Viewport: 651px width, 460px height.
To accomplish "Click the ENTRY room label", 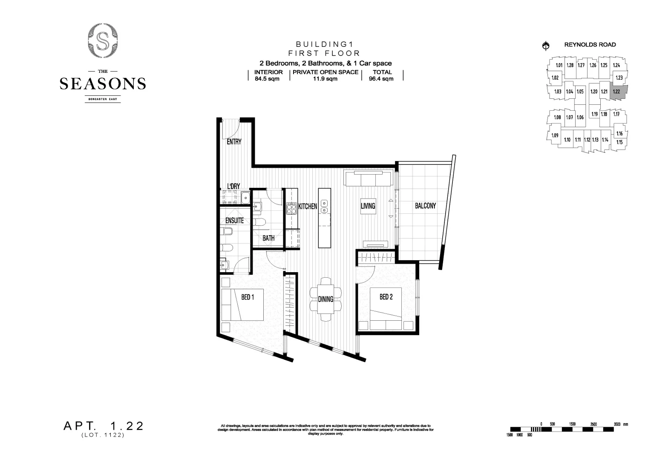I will click(234, 142).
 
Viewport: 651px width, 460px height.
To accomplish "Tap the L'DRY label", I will click(233, 186).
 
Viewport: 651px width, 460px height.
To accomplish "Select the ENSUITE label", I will click(234, 221).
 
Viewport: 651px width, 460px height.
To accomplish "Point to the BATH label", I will click(268, 238).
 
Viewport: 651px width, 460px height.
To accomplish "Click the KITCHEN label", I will click(307, 207).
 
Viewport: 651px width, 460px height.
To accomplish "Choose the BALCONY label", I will click(425, 206).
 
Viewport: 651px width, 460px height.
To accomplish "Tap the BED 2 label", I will click(386, 297).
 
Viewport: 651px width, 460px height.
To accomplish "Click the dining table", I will click(325, 299).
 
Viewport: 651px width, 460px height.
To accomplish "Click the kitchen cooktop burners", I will click(292, 208).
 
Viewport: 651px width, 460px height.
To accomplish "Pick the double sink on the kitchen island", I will click(324, 207).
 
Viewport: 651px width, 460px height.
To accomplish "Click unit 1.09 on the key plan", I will click(554, 135).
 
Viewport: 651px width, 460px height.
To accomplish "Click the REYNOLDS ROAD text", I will click(590, 45).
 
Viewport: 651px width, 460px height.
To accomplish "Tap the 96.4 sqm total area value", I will click(381, 79).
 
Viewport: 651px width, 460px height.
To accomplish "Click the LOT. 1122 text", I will click(103, 435).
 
